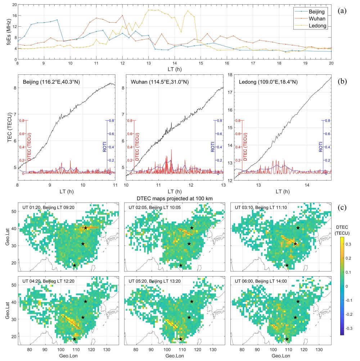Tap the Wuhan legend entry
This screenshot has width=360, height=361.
pos(316,19)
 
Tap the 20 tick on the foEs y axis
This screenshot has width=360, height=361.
pos(14,5)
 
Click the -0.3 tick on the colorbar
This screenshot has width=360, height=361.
pos(351,329)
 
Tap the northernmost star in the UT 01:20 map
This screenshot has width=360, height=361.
pos(85,228)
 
